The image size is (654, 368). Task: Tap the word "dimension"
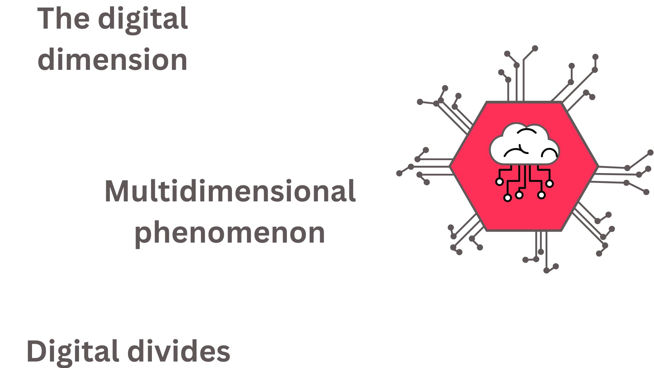click(x=112, y=60)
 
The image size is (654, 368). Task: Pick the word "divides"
click(x=179, y=351)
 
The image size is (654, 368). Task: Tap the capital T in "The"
click(x=46, y=18)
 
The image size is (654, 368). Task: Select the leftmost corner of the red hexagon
click(x=451, y=167)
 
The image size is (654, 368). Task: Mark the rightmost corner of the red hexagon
click(x=598, y=167)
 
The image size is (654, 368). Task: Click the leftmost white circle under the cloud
click(x=499, y=182)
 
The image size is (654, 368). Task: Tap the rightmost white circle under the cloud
click(x=549, y=184)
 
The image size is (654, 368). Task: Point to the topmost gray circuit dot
click(x=535, y=48)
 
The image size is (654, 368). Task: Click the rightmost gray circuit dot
click(x=650, y=152)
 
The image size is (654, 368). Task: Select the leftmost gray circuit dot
click(x=399, y=173)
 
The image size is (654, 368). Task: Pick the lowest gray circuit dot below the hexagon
click(x=546, y=271)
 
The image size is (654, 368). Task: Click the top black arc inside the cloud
click(x=527, y=131)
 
